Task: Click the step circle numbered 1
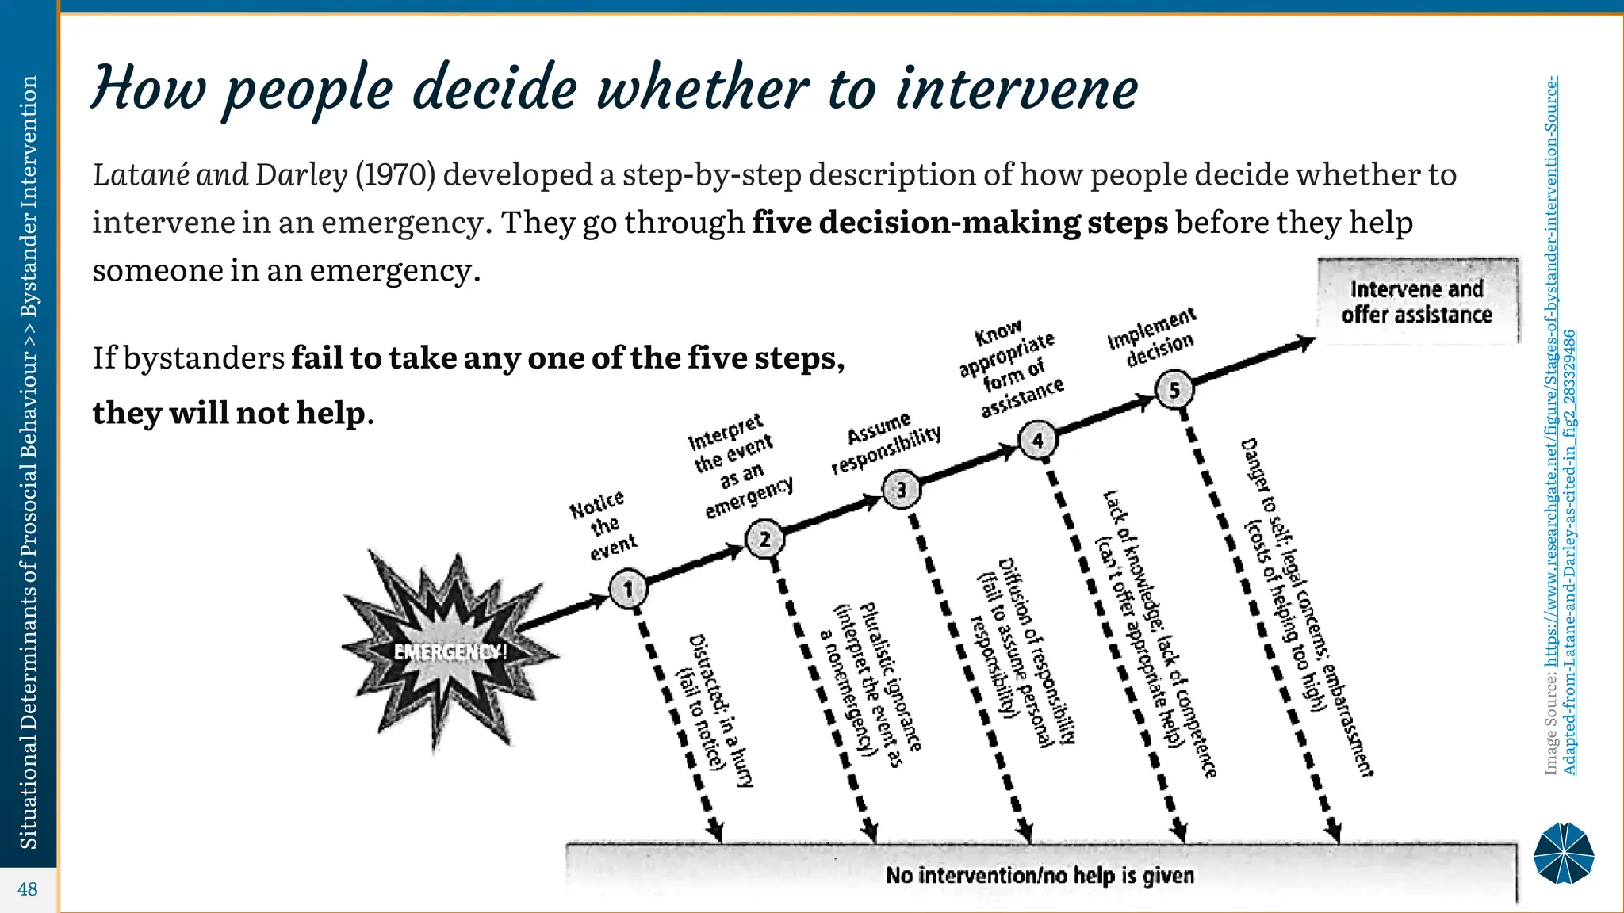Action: (x=629, y=589)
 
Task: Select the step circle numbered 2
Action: (x=764, y=540)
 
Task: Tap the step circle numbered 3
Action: (x=901, y=490)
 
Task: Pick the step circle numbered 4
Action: (x=1037, y=441)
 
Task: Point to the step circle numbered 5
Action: (x=1174, y=390)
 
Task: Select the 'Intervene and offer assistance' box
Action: (x=1417, y=302)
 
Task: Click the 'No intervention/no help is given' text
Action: (x=1040, y=876)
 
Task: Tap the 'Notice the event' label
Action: (x=603, y=525)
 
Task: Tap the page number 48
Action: (x=28, y=889)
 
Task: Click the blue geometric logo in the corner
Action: (x=1563, y=853)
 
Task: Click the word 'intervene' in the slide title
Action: (x=1017, y=89)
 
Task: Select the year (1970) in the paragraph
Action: (x=395, y=175)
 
